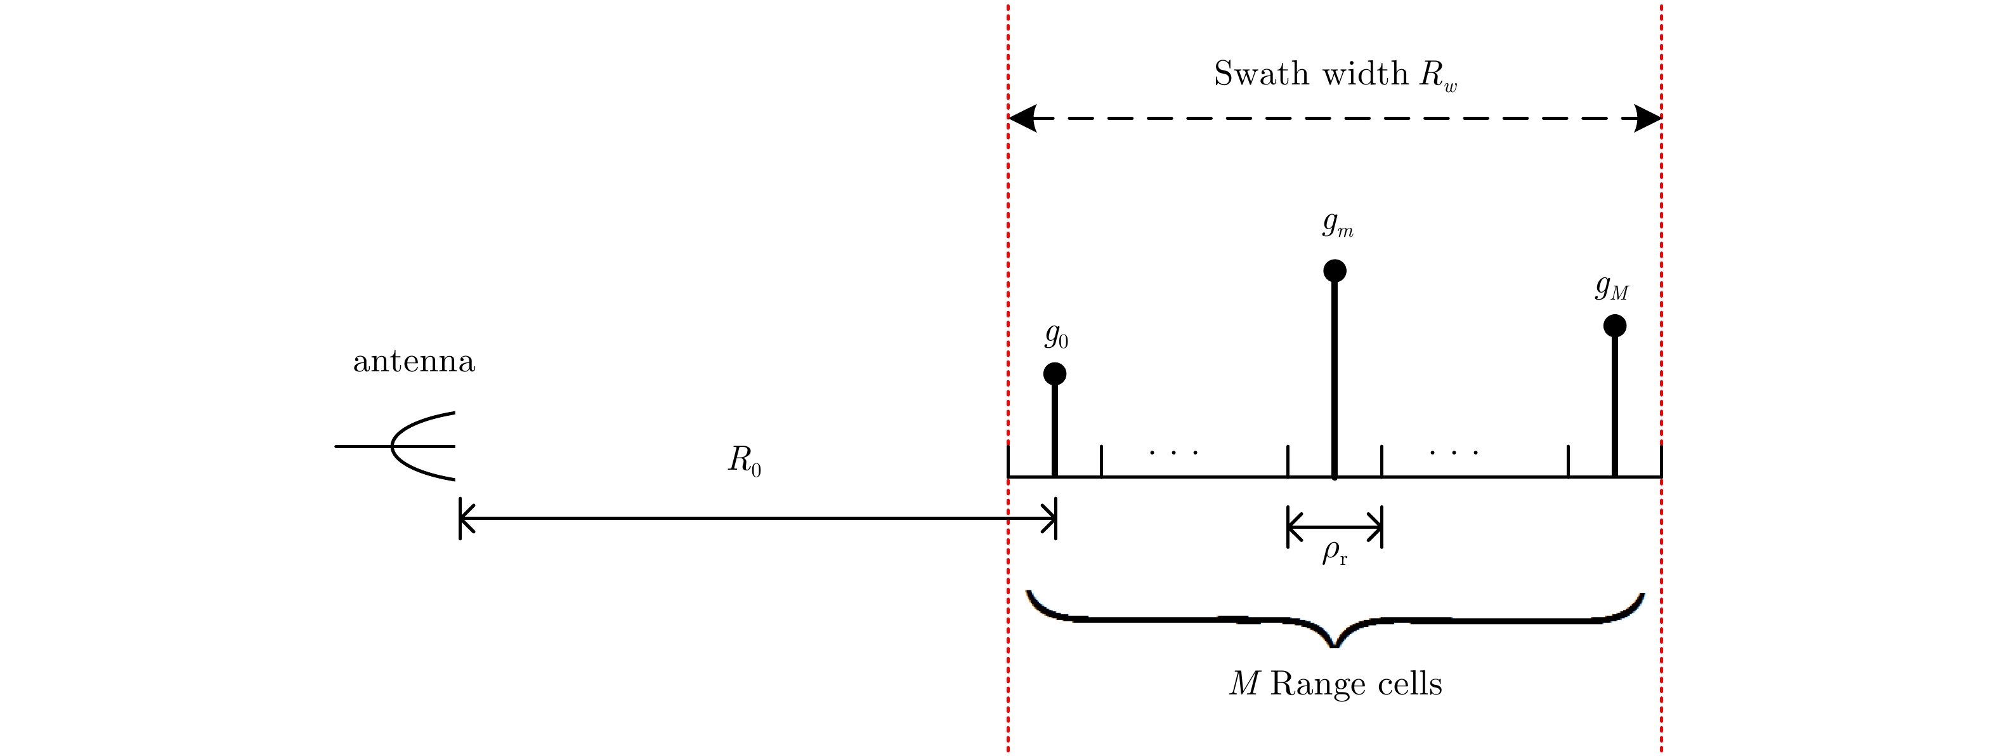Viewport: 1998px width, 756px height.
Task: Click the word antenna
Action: (x=414, y=362)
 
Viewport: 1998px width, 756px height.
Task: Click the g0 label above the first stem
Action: (x=1056, y=336)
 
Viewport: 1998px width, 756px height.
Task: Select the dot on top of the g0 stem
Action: (x=1054, y=374)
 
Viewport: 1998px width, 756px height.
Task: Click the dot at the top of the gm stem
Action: (x=1334, y=271)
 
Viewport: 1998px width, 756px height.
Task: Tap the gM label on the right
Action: (x=1612, y=288)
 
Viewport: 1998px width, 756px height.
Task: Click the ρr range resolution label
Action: (x=1334, y=554)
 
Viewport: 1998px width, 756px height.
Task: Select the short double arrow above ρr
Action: (x=1334, y=527)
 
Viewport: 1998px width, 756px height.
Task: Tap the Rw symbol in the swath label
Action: (x=1438, y=76)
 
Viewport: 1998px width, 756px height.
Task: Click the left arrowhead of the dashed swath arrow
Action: (x=1022, y=119)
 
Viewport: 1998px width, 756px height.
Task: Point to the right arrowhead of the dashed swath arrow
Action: (x=1647, y=119)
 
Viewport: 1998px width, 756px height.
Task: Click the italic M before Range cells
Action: (x=1244, y=684)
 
